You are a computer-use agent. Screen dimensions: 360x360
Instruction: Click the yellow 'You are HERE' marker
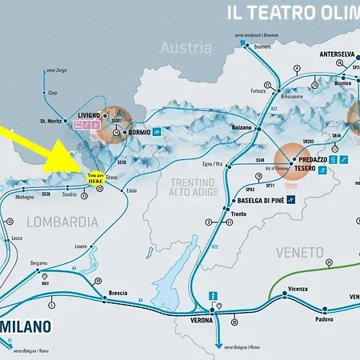tap(95, 179)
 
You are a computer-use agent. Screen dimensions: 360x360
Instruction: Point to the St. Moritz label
tap(50, 122)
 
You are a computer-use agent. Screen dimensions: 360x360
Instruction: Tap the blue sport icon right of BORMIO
tap(159, 131)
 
